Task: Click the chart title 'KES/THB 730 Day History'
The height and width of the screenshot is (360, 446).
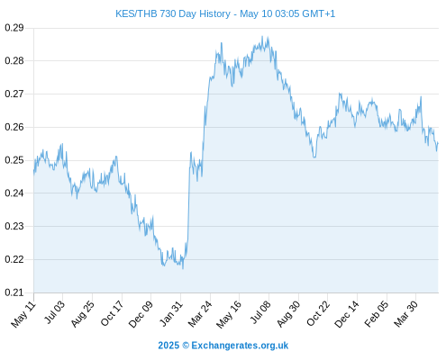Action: (x=173, y=13)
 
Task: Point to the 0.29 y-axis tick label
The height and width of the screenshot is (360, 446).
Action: (x=14, y=28)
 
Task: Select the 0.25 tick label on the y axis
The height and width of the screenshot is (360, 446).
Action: (x=14, y=160)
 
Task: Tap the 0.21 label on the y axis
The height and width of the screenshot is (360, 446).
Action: (x=14, y=292)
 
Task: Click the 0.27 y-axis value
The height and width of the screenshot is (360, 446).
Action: (x=14, y=94)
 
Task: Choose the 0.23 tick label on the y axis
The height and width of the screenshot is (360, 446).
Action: (x=14, y=226)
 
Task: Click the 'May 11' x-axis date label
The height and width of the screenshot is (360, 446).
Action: (x=23, y=314)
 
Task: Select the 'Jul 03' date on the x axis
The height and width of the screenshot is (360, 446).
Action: (x=54, y=312)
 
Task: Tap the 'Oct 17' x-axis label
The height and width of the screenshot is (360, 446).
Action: (x=112, y=313)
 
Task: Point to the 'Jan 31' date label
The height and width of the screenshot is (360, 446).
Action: (x=171, y=313)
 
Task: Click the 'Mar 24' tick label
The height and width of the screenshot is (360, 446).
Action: (x=200, y=314)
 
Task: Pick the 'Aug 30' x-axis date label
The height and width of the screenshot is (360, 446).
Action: (x=288, y=314)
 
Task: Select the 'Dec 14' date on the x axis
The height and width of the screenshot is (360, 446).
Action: (x=347, y=314)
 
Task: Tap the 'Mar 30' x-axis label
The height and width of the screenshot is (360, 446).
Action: (x=405, y=314)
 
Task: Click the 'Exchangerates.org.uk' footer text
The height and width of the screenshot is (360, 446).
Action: (x=240, y=346)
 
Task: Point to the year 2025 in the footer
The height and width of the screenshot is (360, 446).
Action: (x=168, y=346)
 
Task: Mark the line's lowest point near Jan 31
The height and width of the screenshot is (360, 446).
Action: (x=183, y=268)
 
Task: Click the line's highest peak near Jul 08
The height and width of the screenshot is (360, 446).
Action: (x=262, y=37)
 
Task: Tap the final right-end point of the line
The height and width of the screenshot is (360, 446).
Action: (x=438, y=143)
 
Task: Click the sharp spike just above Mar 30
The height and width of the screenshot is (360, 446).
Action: (x=421, y=97)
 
